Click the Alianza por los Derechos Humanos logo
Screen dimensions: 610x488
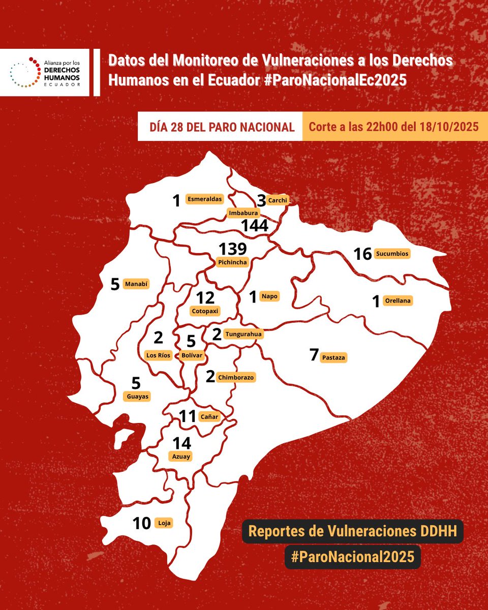click(x=46, y=73)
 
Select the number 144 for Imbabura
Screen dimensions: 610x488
click(x=255, y=226)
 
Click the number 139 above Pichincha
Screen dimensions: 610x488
click(x=233, y=249)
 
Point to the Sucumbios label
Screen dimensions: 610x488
click(x=392, y=253)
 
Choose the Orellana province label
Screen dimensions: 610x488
click(x=398, y=300)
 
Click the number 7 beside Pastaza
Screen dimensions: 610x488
click(x=314, y=355)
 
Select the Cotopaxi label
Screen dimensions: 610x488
click(x=206, y=310)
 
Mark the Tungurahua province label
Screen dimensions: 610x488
click(x=243, y=334)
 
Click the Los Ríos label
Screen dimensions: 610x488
click(x=158, y=355)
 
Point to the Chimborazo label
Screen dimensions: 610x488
click(x=236, y=377)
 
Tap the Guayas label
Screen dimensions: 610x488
click(x=137, y=396)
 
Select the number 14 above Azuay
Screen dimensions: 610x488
click(x=181, y=443)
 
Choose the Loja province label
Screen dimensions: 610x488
click(x=164, y=522)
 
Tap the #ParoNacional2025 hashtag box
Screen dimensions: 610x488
click(x=353, y=557)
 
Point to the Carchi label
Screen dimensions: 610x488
click(x=278, y=200)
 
